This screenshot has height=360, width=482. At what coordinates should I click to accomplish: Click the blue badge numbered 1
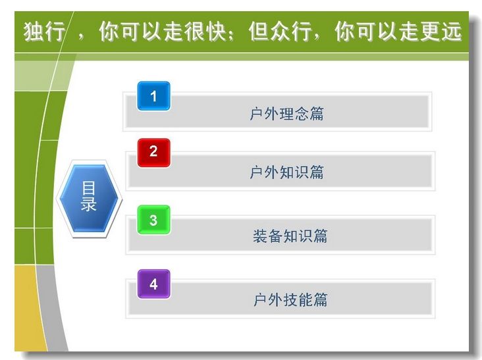coord(153,96)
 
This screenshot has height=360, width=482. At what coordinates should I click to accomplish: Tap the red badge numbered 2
coord(153,153)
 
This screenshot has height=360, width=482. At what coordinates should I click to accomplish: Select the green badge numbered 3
coord(153,220)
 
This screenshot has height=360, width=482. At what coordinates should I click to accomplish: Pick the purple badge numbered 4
coord(153,284)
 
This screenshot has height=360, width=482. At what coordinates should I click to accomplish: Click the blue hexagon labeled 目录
coord(89,198)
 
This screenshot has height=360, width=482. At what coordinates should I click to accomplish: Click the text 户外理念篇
coord(286,114)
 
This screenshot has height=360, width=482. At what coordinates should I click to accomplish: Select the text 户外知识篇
coord(286,172)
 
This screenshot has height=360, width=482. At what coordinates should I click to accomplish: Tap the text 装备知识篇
coord(290,236)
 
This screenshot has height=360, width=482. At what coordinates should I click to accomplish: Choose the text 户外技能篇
coord(290,299)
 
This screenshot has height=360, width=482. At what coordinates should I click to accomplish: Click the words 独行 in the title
coord(45,32)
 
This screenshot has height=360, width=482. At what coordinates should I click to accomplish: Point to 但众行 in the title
coord(280,32)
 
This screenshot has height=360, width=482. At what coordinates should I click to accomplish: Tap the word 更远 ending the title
coord(441,32)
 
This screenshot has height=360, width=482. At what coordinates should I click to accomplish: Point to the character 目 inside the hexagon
coord(88,188)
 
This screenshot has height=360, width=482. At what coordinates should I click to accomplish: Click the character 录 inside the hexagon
coord(88,203)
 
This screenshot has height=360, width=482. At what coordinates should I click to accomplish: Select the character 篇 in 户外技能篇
coord(321,299)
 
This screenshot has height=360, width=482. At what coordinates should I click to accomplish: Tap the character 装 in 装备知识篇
coord(260,236)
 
